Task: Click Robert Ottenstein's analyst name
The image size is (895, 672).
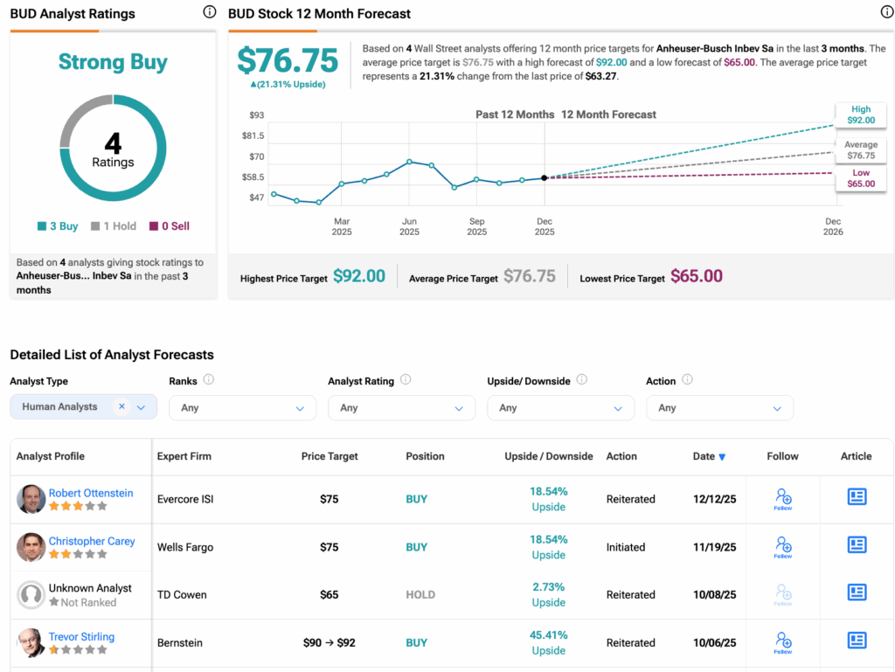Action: pos(91,493)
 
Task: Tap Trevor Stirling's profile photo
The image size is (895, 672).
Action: pos(31,642)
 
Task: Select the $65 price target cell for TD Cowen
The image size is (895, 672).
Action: pos(330,595)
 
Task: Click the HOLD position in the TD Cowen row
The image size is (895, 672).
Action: pos(420,595)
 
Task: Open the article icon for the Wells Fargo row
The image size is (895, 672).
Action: pos(857,545)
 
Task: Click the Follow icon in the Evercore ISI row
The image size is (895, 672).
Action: pos(783,499)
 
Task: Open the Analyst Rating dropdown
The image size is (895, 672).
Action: pos(401,408)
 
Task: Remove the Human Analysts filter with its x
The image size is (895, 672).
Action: pos(121,406)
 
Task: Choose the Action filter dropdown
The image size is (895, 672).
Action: pos(719,408)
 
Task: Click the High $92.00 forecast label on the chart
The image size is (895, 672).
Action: pos(861,115)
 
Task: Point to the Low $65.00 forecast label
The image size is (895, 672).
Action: pos(861,179)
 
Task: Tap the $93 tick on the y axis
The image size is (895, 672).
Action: pos(257,115)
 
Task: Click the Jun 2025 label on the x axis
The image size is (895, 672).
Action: pos(409,226)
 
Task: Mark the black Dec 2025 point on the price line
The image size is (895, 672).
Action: pos(545,177)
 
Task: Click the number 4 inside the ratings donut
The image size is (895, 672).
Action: pos(113,142)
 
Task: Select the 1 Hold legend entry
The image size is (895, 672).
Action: pos(114,226)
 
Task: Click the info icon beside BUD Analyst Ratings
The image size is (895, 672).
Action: pos(209,12)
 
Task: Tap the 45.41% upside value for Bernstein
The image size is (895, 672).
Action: pos(549,635)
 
